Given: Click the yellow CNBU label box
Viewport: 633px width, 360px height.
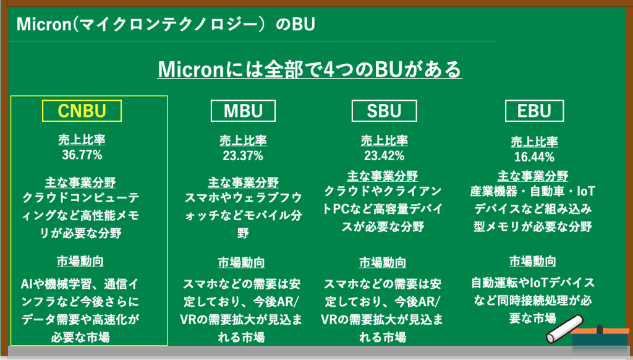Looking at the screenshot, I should (x=82, y=110).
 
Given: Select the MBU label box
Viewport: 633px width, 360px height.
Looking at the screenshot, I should (x=243, y=110).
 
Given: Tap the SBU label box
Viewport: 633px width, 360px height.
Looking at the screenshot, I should (x=384, y=110).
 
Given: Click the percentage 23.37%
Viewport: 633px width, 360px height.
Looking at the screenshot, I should (x=243, y=155).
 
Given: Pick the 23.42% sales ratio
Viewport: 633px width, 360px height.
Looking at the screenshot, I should (x=384, y=155).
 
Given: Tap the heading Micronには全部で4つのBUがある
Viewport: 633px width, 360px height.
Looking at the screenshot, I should (x=310, y=69).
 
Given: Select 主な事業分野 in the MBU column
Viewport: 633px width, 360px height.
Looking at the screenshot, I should (x=243, y=183).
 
